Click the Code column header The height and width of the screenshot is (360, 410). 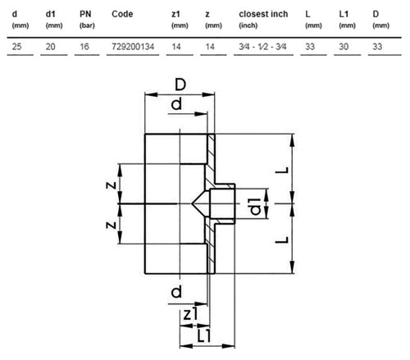[x=122, y=14]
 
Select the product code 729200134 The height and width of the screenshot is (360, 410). [x=133, y=47]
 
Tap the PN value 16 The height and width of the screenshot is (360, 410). [x=84, y=47]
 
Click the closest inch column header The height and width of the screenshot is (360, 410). [x=263, y=14]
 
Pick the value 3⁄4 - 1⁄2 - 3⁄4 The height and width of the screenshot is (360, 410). [x=262, y=47]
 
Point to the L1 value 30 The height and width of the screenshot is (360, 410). [x=344, y=47]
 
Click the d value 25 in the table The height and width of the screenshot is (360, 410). [x=16, y=47]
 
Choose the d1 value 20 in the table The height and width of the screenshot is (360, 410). [x=51, y=47]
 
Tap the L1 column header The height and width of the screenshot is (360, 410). [x=344, y=14]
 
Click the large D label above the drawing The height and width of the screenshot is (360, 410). [x=180, y=84]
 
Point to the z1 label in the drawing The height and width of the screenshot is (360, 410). [x=190, y=313]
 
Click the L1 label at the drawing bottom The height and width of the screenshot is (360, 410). [x=204, y=336]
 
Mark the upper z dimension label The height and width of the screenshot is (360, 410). [x=112, y=185]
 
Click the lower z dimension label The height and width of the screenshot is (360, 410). [x=112, y=226]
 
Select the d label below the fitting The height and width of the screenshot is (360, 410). [x=176, y=291]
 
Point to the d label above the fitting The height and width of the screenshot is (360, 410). [x=176, y=104]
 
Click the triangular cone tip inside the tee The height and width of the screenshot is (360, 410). [x=192, y=203]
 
